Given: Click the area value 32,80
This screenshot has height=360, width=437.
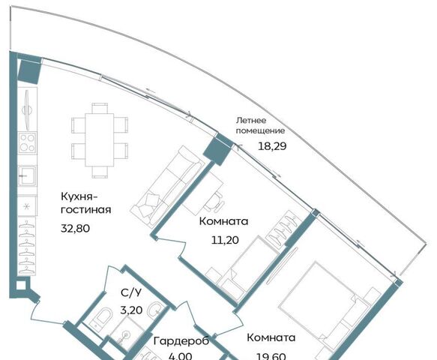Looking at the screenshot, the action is tap(75, 229).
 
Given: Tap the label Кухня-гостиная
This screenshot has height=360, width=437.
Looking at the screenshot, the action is tap(86, 203).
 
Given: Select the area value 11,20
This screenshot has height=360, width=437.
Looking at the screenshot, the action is tap(225, 240).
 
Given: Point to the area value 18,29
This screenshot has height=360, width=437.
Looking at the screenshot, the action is tap(272, 146).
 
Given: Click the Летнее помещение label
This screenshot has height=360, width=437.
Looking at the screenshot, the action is tap(260, 125).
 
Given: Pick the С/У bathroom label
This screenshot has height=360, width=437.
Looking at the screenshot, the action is tap(131, 292).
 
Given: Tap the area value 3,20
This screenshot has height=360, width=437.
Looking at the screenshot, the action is tap(131, 310).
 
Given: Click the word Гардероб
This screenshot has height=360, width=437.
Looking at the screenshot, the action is tap(181, 341).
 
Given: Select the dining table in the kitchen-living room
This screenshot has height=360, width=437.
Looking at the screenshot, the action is tap(100, 139).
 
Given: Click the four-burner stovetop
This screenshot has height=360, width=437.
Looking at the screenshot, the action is tap(27, 142).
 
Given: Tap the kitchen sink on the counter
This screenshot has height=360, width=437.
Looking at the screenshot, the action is tap(27, 175).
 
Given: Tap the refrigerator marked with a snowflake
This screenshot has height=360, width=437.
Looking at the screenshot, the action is tap(27, 206).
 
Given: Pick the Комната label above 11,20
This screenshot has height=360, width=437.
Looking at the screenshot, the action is tap(224, 221).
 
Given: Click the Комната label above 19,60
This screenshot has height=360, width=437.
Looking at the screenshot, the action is tap(271, 337).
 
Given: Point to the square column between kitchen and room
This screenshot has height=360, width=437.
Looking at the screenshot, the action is tap(217, 148).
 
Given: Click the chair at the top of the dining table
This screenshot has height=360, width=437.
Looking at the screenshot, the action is tap(100, 108).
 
